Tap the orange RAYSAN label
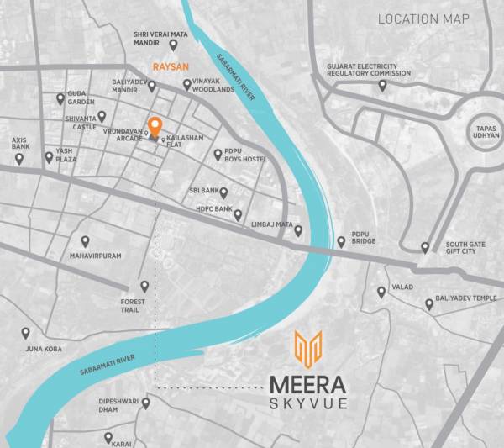[x=169, y=64]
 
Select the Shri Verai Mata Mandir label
[x=160, y=39]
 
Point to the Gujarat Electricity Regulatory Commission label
[x=370, y=69]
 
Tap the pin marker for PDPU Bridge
[x=341, y=242]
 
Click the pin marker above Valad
[x=381, y=292]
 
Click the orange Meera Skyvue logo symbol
[x=308, y=349]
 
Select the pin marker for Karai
[x=108, y=437]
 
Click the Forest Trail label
[x=133, y=306]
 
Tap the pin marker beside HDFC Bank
[x=238, y=215]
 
